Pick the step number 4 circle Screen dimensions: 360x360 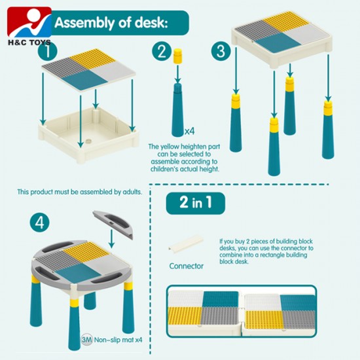(x=40, y=222)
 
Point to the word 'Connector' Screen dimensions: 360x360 (x=186, y=266)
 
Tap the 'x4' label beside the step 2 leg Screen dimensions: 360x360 (x=189, y=131)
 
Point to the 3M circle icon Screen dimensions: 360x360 (x=86, y=340)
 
